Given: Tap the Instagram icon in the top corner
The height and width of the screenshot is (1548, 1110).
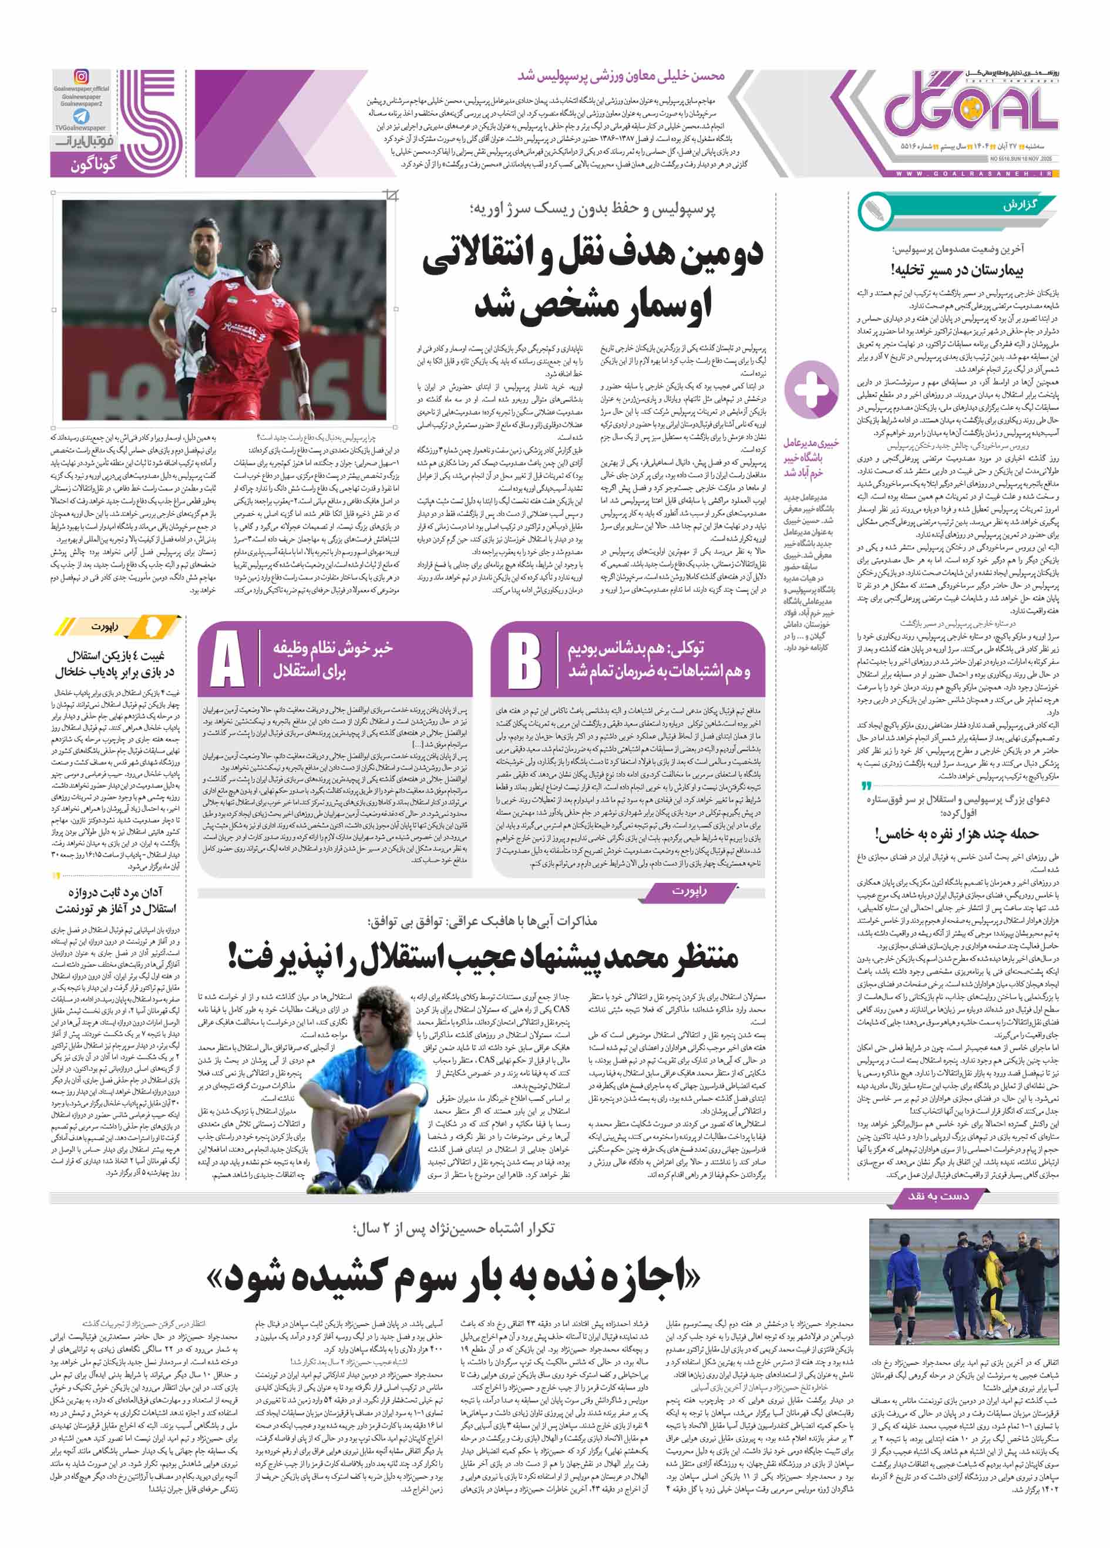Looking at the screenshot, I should click(x=81, y=77).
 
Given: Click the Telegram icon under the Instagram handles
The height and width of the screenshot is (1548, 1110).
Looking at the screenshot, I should click(x=81, y=116).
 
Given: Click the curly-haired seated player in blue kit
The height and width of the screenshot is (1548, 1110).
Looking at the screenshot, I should click(x=366, y=1065).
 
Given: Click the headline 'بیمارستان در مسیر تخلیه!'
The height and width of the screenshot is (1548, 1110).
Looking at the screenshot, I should click(x=956, y=271).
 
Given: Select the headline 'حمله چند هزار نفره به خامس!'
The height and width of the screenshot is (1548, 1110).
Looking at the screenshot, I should click(x=956, y=834).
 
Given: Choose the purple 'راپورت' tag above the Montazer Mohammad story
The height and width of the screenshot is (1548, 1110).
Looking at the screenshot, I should click(x=689, y=891).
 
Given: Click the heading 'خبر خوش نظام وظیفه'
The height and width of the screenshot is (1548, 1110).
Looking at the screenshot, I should click(x=332, y=647).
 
